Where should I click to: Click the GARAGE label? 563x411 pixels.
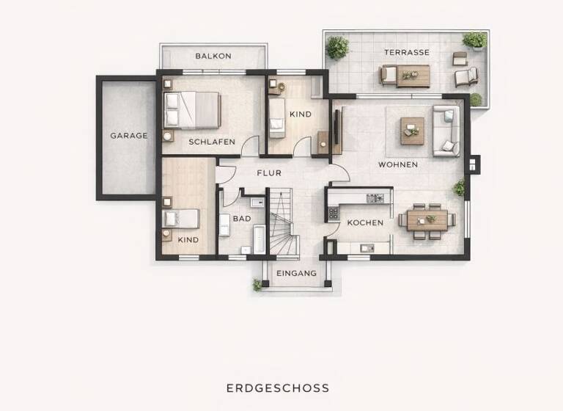click(129, 136)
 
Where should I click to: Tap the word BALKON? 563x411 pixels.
click(213, 56)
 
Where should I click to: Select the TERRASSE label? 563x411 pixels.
click(407, 53)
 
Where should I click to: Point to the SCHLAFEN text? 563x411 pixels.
click(212, 142)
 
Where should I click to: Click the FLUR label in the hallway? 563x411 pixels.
click(269, 174)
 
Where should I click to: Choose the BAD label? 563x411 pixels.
click(242, 219)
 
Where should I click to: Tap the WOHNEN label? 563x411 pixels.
click(398, 165)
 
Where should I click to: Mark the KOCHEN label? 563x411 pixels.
click(365, 223)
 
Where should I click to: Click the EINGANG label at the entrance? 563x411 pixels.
click(296, 274)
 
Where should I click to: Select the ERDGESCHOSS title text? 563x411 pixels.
click(278, 388)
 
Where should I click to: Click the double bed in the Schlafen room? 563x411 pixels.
click(192, 109)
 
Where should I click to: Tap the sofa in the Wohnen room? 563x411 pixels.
click(446, 131)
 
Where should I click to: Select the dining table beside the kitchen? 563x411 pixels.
click(427, 219)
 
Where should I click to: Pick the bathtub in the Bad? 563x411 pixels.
click(259, 240)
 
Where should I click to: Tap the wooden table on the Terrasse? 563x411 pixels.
click(414, 75)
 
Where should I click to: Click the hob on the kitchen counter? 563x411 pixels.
click(375, 197)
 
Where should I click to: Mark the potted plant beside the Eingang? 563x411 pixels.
click(258, 285)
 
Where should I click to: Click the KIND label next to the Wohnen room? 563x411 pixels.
click(301, 114)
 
